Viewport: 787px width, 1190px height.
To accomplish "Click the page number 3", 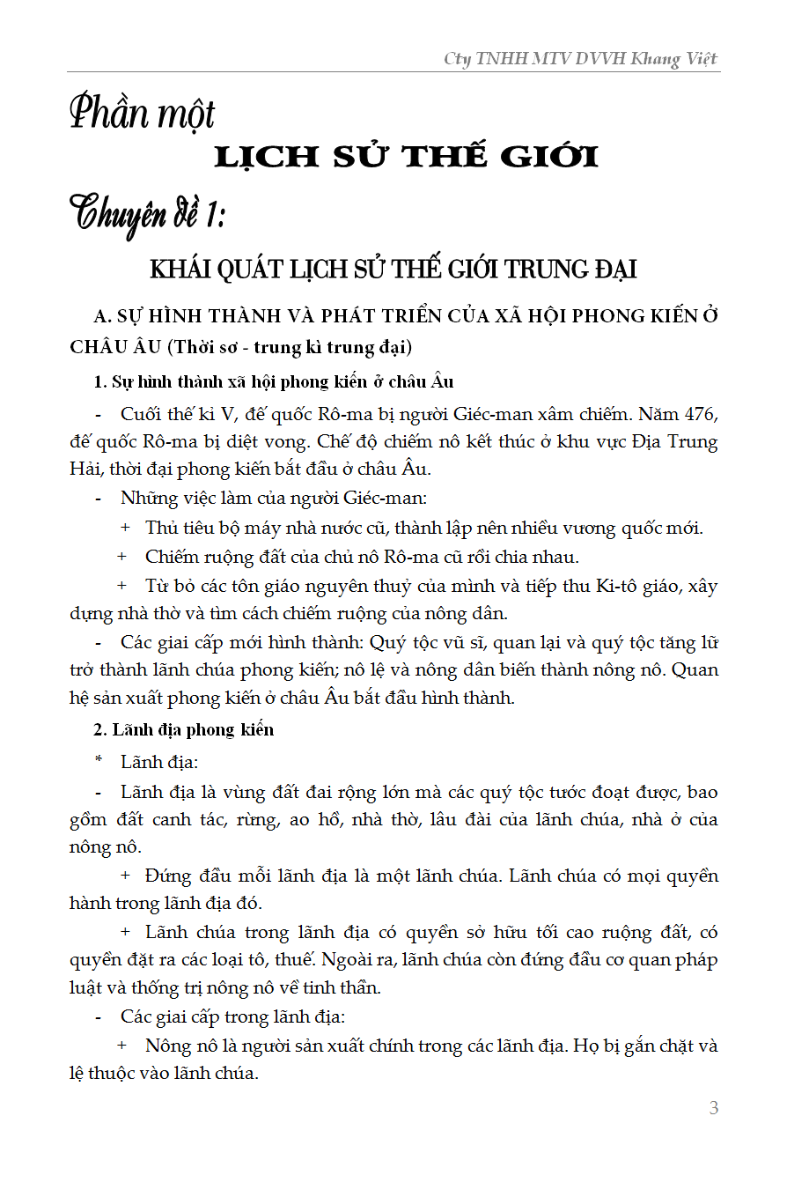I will [x=714, y=1108].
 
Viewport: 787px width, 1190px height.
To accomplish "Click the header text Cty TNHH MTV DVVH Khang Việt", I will [x=580, y=59].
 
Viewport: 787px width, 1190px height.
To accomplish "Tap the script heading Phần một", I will [x=142, y=115].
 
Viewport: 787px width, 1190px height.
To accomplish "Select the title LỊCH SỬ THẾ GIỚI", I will [x=407, y=157].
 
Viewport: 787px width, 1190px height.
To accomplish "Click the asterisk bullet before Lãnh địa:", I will [x=99, y=761].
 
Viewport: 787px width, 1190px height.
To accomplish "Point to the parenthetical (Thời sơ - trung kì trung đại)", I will [x=291, y=347].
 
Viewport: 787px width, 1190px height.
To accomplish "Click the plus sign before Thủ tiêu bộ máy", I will [x=125, y=528].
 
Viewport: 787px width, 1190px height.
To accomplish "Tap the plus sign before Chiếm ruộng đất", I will [x=125, y=557].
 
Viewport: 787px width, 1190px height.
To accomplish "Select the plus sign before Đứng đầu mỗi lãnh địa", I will [x=125, y=876].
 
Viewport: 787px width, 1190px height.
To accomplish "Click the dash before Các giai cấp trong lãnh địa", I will [x=99, y=1016].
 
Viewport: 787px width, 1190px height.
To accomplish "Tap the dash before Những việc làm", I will [x=99, y=499].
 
